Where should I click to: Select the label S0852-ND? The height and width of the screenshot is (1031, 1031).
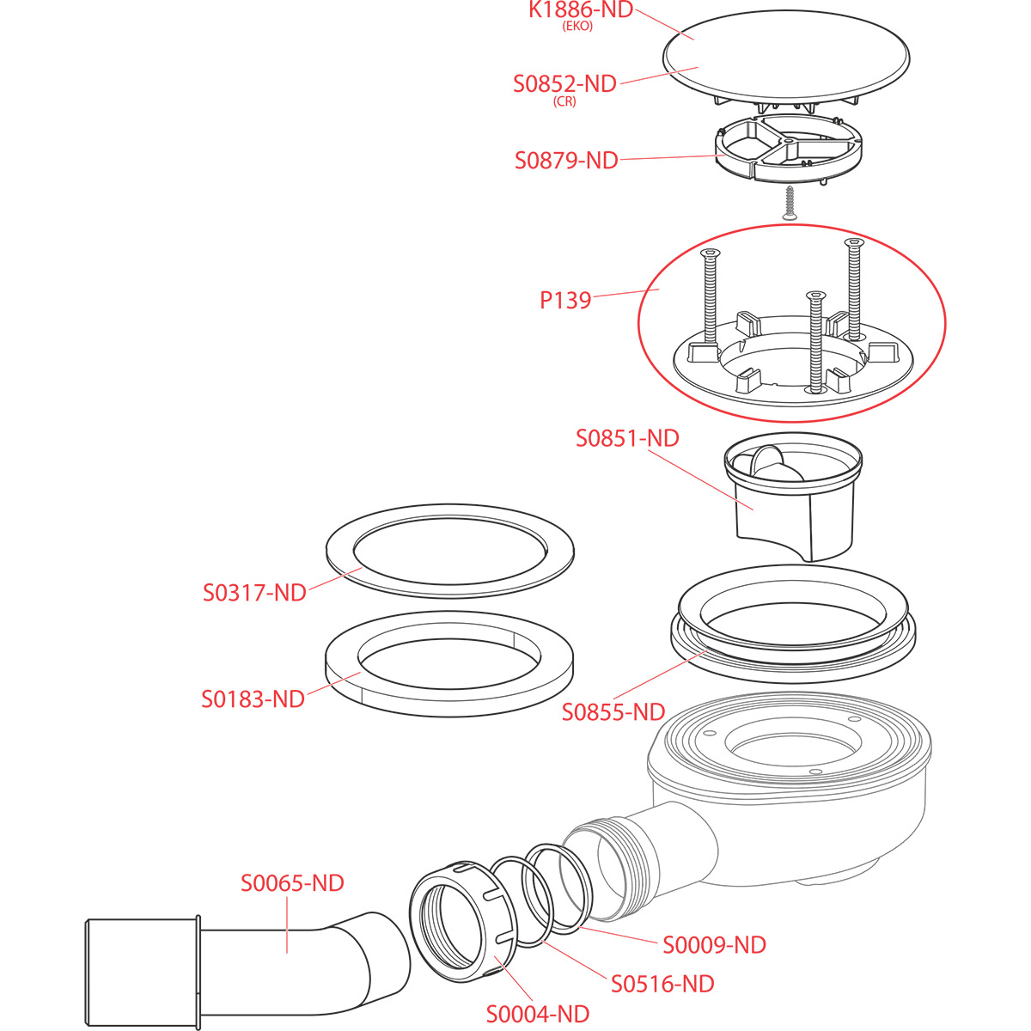coord(564,84)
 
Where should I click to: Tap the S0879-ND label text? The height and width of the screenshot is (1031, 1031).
coord(566,161)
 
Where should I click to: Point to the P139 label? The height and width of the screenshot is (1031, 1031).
coord(565,301)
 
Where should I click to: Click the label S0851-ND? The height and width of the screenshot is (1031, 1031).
coord(627,438)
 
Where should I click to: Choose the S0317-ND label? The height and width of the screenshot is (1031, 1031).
coord(254,593)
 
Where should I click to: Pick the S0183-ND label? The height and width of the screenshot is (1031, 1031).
coord(253,699)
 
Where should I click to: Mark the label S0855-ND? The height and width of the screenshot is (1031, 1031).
coord(613,712)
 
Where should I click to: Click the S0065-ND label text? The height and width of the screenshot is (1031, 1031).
coord(292,883)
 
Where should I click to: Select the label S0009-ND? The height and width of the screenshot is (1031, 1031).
coord(714,945)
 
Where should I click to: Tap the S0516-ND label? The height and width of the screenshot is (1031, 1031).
coord(662,984)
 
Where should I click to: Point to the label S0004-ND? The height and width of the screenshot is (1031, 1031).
coord(538,1015)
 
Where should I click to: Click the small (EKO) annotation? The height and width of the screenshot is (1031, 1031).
coord(577,27)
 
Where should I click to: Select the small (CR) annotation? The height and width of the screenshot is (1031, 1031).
coord(564,101)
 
